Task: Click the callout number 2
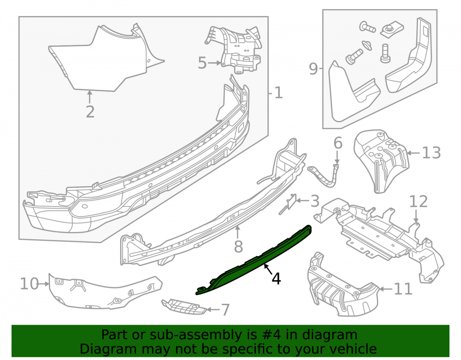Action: (90, 112)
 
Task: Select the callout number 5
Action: (202, 63)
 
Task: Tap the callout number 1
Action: (278, 93)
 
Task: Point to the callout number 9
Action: (313, 69)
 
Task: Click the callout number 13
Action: (431, 153)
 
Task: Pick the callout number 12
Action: (419, 201)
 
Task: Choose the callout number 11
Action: (403, 289)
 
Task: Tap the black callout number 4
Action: (276, 278)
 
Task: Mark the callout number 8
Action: (238, 246)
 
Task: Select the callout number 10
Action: (30, 284)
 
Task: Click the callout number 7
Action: (225, 310)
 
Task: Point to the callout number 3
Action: (315, 201)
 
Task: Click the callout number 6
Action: (338, 143)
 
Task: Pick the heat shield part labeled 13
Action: (381, 160)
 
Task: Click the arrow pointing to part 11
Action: (385, 289)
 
